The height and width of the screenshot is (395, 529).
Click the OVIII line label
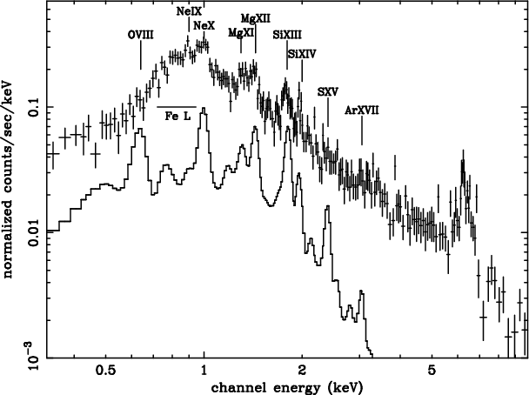141,34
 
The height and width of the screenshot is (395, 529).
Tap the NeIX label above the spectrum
188,10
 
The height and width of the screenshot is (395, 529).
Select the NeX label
204,25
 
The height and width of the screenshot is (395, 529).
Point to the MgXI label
240,32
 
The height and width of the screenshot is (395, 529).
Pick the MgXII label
254,18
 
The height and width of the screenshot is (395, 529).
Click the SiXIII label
287,33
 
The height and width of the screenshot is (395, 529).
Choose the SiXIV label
302,53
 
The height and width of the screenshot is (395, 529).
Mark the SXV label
327,90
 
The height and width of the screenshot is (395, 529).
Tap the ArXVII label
362,110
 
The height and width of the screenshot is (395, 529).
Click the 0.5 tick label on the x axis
106,369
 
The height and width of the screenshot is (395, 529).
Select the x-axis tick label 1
204,369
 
